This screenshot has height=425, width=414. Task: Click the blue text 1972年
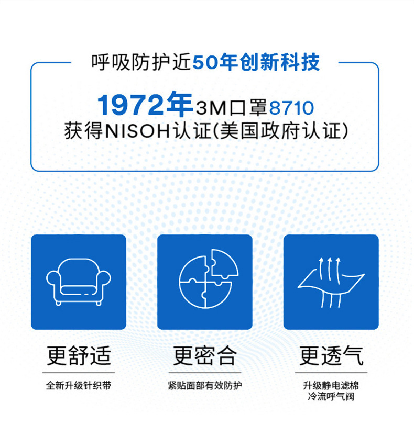145,105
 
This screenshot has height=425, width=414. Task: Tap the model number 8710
291,108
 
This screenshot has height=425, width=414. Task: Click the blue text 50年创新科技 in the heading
256,62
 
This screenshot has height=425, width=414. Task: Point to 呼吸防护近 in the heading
141,62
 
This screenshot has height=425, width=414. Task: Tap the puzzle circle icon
209,278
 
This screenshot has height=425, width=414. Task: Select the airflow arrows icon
331,282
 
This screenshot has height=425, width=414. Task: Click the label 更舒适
79,355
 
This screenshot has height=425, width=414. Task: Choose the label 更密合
205,355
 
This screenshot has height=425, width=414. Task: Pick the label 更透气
331,355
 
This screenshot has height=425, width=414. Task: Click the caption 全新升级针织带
79,385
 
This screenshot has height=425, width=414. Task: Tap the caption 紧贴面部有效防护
205,385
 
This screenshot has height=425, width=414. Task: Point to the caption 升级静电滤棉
331,385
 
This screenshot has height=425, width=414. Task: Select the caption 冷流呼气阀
331,397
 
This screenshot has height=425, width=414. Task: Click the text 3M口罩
231,108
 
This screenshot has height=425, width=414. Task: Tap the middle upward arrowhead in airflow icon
330,260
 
